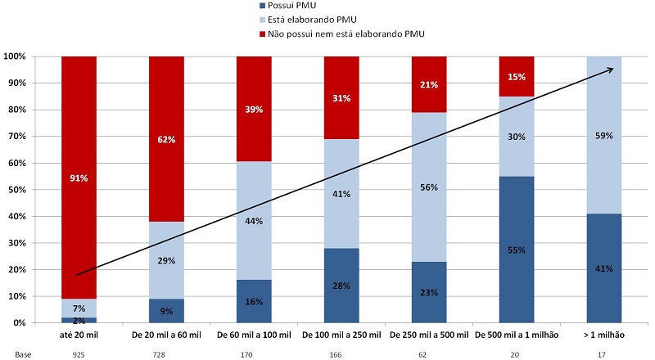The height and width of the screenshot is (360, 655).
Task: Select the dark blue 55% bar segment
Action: pyautogui.click(x=517, y=250)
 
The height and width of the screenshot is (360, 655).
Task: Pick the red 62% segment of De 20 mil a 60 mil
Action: pyautogui.click(x=166, y=139)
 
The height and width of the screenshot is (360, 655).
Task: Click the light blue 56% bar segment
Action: pyautogui.click(x=429, y=187)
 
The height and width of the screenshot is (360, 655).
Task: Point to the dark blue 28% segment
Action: pyautogui.click(x=341, y=285)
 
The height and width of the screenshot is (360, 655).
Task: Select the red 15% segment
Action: pyautogui.click(x=517, y=76)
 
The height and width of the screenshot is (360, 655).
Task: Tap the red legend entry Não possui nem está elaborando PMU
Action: pyautogui.click(x=344, y=33)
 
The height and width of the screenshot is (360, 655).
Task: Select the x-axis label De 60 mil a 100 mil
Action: pyautogui.click(x=253, y=336)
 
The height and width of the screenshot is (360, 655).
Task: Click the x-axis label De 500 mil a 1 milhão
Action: pyautogui.click(x=517, y=336)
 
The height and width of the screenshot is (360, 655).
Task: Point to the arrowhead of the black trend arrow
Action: pyautogui.click(x=611, y=70)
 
